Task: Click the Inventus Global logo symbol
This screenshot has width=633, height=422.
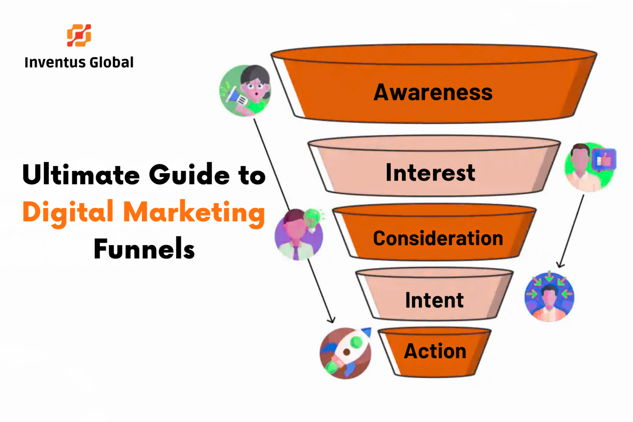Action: (79, 35)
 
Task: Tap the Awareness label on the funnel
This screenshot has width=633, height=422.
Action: (433, 92)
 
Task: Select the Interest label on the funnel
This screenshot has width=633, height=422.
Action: (430, 173)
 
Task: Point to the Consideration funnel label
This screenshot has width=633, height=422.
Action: (438, 239)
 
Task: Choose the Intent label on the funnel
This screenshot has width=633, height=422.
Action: (434, 300)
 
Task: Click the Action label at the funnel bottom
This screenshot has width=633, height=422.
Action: (435, 351)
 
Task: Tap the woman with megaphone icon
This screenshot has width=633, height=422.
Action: (246, 91)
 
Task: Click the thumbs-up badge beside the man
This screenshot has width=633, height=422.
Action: (604, 159)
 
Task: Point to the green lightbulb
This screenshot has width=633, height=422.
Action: (312, 217)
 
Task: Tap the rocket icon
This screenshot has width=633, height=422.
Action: (345, 353)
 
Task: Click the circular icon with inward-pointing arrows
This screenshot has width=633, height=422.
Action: (549, 297)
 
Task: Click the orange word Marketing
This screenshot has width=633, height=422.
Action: (194, 213)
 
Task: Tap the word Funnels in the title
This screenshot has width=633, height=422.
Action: (144, 249)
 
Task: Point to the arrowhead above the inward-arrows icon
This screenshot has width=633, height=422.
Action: (560, 265)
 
